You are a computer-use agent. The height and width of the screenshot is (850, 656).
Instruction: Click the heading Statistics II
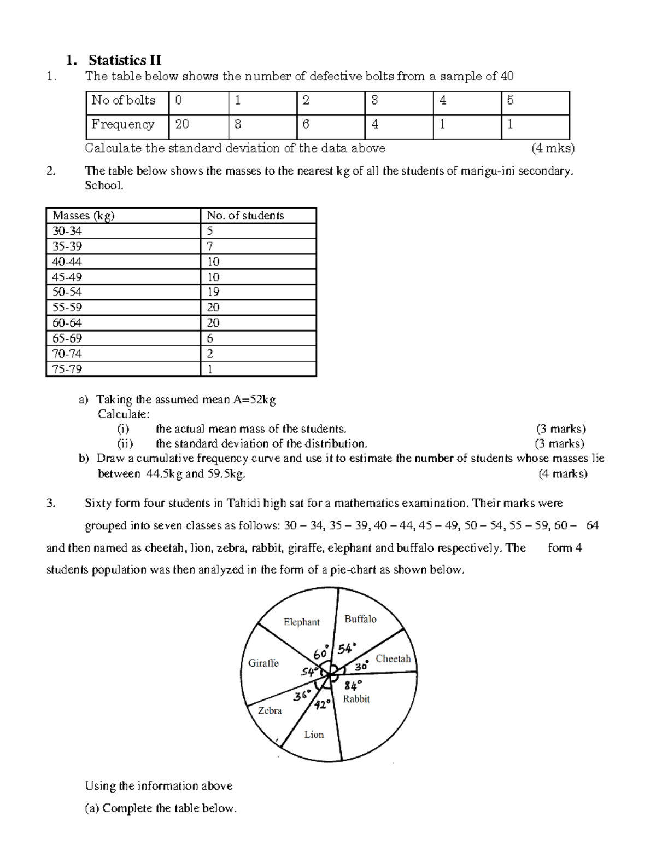click(x=125, y=60)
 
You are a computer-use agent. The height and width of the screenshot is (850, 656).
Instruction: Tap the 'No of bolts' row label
click(x=124, y=100)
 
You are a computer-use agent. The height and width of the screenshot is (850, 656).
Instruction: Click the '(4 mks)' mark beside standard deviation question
click(x=553, y=148)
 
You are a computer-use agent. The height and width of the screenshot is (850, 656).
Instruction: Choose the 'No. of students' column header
click(x=245, y=216)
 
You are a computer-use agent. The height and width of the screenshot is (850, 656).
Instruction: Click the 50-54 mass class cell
click(x=67, y=292)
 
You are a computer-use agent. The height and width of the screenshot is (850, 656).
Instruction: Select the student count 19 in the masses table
click(x=213, y=292)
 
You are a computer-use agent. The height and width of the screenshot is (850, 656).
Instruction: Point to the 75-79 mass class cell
click(x=67, y=369)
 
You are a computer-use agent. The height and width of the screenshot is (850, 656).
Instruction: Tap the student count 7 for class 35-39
click(x=210, y=246)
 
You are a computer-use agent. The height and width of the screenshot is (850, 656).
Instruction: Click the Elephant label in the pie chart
click(x=301, y=622)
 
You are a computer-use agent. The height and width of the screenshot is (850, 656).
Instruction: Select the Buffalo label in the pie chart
click(x=360, y=619)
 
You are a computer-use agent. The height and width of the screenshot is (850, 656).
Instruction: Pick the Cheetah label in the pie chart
click(x=393, y=658)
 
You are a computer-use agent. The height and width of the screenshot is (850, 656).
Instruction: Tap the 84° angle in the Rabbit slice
click(x=354, y=684)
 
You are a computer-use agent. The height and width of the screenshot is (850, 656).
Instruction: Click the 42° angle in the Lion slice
click(x=322, y=704)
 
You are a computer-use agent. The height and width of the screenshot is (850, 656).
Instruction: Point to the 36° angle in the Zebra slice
click(x=302, y=696)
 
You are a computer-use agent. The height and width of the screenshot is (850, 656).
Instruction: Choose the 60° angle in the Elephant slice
click(x=321, y=653)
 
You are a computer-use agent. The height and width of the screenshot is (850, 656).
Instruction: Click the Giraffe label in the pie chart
click(x=263, y=663)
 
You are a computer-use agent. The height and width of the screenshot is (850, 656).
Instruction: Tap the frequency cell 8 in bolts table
click(x=238, y=125)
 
